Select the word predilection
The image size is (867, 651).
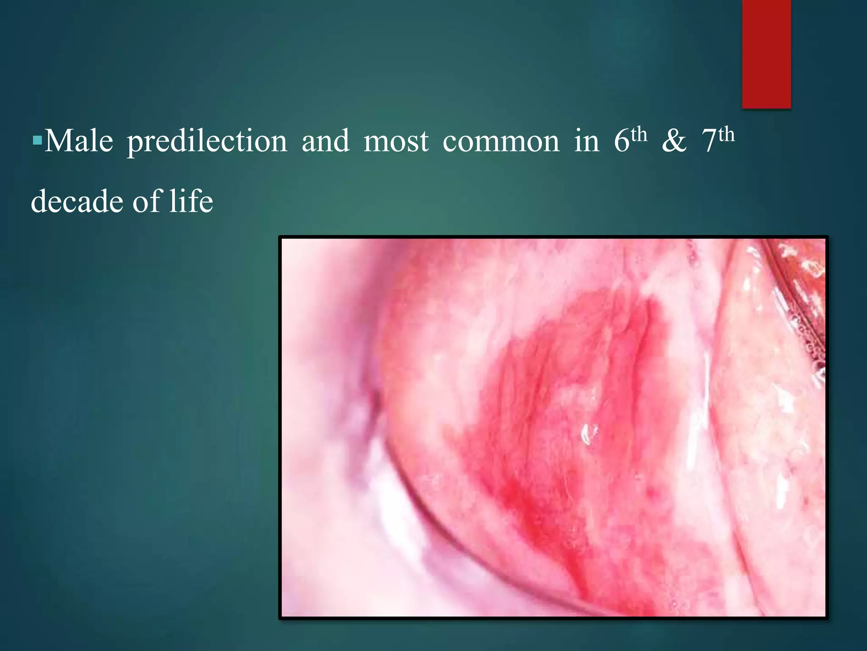(x=207, y=141)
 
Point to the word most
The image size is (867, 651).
(x=396, y=141)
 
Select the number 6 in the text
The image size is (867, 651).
(x=621, y=141)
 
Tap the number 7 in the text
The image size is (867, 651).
(x=709, y=141)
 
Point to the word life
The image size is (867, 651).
(x=191, y=201)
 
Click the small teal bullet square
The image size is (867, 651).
(x=37, y=139)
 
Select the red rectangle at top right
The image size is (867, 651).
(x=766, y=54)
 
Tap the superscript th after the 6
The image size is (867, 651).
(x=639, y=135)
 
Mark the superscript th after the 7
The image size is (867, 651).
(x=726, y=135)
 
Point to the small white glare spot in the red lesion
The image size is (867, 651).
(x=588, y=434)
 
